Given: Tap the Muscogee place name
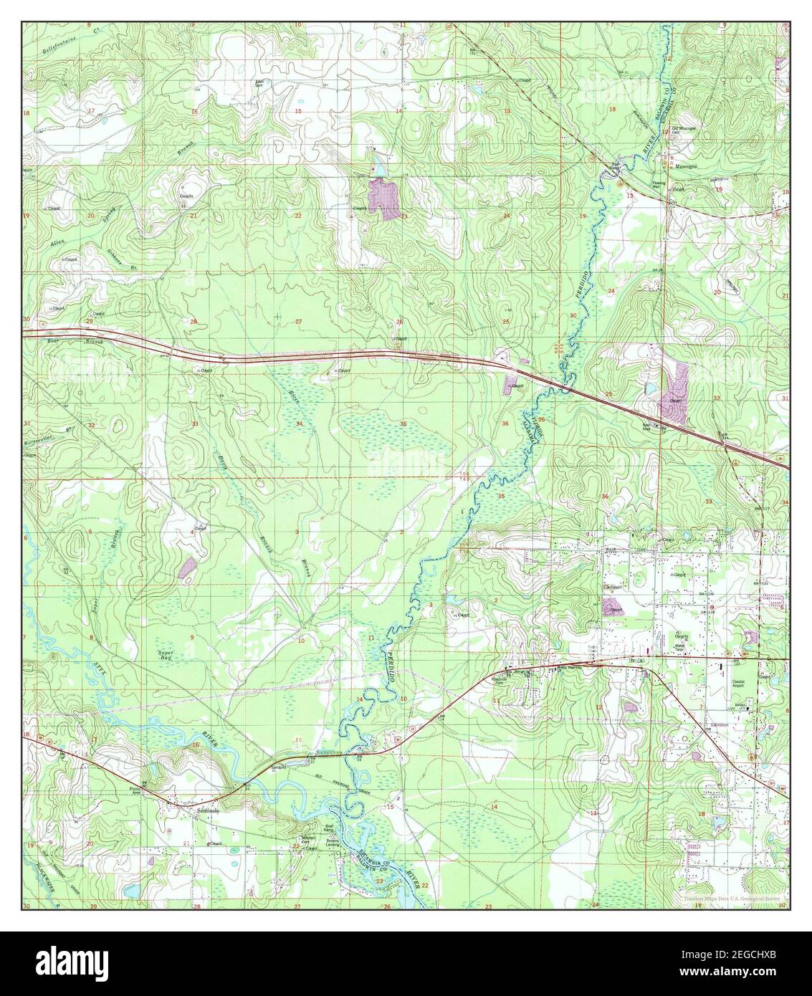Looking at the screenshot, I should (x=687, y=163).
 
